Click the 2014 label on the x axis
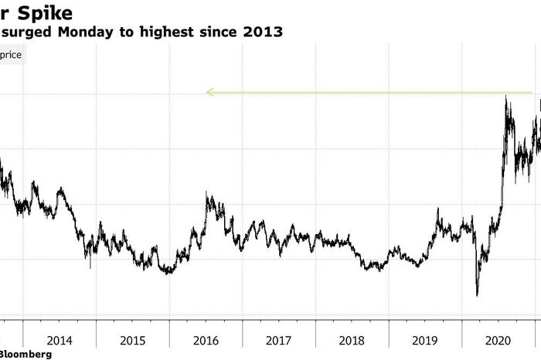[x=60, y=340]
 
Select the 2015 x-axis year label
[x=133, y=340]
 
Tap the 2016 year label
[x=206, y=340]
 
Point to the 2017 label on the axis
[x=280, y=340]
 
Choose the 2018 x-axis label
[x=353, y=340]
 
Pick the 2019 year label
[x=426, y=340]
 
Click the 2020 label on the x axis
[x=499, y=340]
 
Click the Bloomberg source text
[x=26, y=354]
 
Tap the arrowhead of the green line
[x=209, y=93]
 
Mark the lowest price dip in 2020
[x=477, y=295]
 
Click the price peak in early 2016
[x=207, y=194]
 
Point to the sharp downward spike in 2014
[x=90, y=267]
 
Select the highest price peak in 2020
[x=505, y=96]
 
